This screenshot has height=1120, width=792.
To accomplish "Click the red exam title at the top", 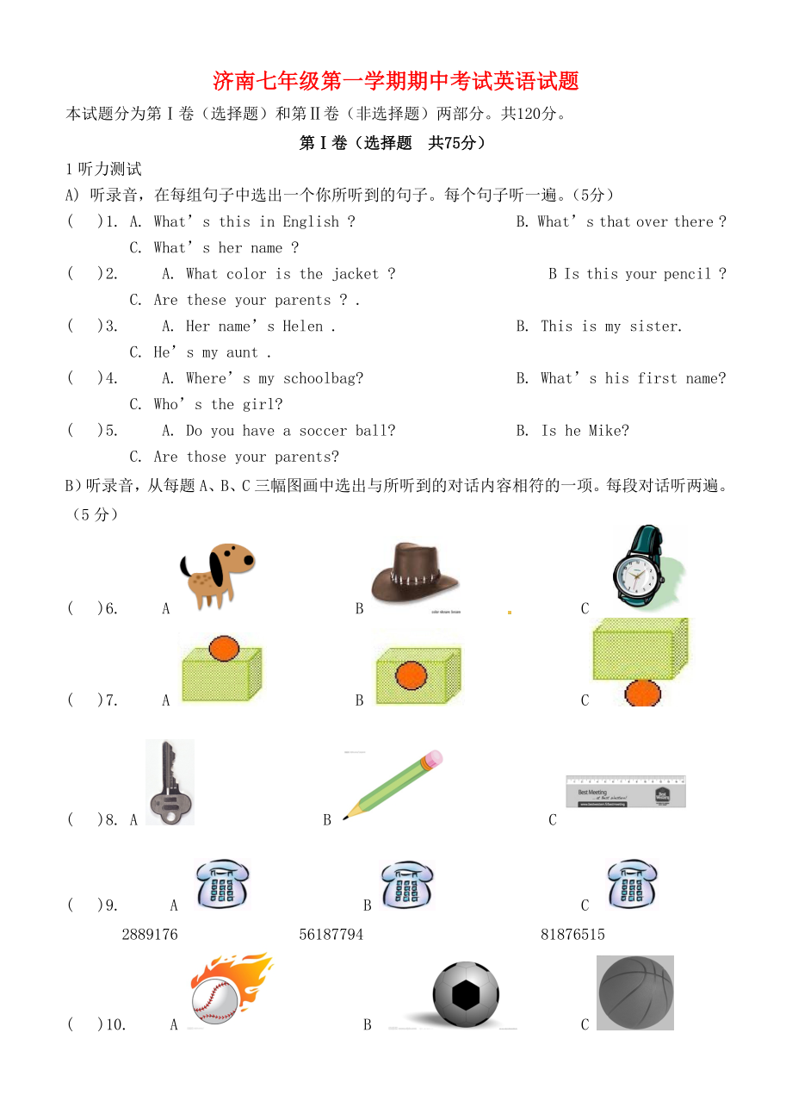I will [x=396, y=81].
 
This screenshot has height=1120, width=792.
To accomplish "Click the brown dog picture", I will [x=217, y=575].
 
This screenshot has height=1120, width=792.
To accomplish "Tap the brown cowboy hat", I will [x=414, y=573].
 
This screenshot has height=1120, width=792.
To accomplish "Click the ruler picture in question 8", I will [x=625, y=792].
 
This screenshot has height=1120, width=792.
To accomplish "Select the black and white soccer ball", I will [x=466, y=995].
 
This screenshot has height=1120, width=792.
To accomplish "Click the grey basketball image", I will [x=635, y=992].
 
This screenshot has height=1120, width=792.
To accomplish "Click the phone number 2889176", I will [x=150, y=935].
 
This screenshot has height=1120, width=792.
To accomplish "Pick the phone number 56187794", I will [x=331, y=935].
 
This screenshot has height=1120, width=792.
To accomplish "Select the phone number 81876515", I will [x=573, y=935].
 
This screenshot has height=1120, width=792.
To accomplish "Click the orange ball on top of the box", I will [x=224, y=647].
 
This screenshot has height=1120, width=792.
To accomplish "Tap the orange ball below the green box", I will [x=642, y=693].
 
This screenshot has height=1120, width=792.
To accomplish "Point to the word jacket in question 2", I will [x=356, y=274].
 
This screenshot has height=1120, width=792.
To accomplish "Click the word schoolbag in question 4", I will [x=323, y=378].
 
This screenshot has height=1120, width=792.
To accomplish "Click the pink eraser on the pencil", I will [x=432, y=758].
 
